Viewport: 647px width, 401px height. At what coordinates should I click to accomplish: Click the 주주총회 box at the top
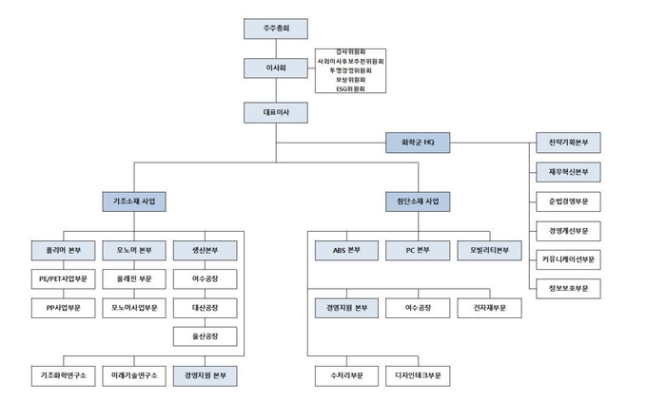[x=275, y=29]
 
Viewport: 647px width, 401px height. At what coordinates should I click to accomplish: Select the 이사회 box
[x=275, y=69]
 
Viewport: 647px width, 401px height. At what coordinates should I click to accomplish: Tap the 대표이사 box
[x=275, y=112]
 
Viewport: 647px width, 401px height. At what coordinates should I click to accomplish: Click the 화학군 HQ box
[x=419, y=143]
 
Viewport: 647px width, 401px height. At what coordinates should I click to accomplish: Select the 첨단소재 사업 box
[x=418, y=202]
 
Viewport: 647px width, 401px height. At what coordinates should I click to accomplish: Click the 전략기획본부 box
[x=569, y=143]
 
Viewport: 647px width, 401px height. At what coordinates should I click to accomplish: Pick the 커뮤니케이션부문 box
[x=569, y=259]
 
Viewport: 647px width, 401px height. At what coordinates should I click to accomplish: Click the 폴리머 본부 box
[x=63, y=251]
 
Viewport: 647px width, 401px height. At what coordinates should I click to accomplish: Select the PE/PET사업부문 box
[x=63, y=279]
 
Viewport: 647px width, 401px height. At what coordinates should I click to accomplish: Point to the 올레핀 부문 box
[x=134, y=279]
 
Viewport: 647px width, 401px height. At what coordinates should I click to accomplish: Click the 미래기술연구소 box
[x=134, y=376]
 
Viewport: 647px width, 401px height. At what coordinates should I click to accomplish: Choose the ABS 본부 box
[x=346, y=251]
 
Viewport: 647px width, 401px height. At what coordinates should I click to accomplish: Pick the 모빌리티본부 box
[x=489, y=251]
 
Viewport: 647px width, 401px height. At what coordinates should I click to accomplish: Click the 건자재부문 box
[x=489, y=308]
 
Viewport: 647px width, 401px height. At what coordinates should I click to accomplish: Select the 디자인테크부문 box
[x=418, y=376]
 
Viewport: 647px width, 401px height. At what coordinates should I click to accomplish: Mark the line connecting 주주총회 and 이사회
[x=275, y=48]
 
